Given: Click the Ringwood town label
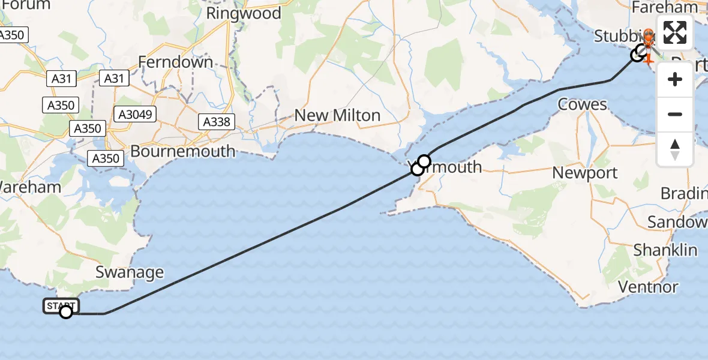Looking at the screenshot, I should coord(244,13).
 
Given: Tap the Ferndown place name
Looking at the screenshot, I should coord(175,62).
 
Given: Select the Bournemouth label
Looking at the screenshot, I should coord(182,151).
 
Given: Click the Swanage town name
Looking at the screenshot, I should coord(130,272).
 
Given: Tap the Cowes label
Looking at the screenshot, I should coord(582,104).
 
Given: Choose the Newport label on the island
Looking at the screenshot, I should coord(585,173).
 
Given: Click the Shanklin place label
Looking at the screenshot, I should coord(665,250).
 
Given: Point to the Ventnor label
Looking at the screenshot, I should coord(649,287).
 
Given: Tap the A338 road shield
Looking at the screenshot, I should coord(216,122).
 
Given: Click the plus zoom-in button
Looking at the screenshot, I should coord(675,79).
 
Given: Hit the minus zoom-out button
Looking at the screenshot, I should coord(675,114).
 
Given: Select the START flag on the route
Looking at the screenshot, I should coord(61,306).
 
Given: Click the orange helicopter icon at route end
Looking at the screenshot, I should coord(648,45).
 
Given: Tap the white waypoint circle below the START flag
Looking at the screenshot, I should coord(66,312).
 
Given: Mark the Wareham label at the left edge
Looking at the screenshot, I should coord(30,187).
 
